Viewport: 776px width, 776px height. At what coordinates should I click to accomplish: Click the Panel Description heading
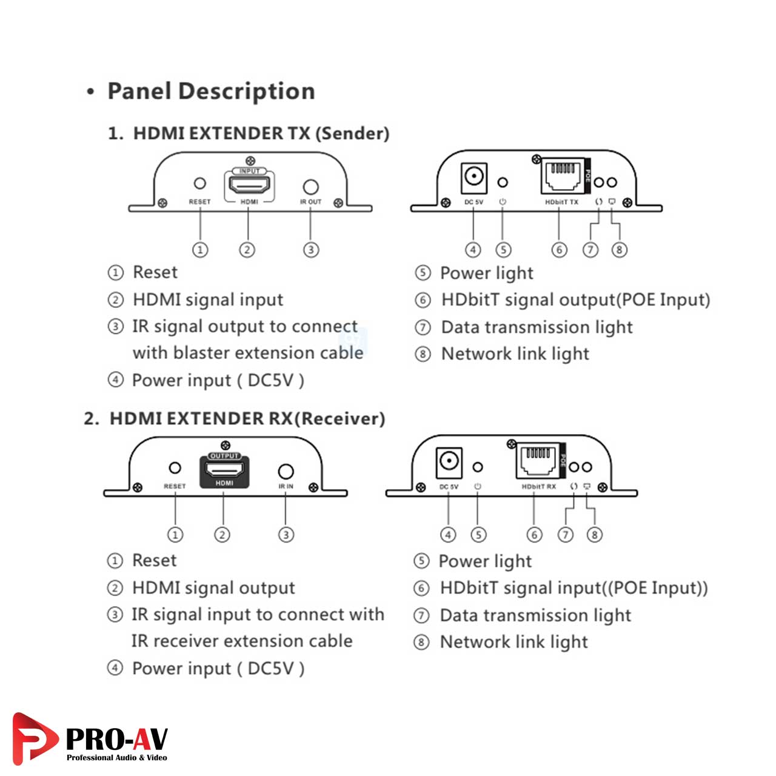click(x=211, y=92)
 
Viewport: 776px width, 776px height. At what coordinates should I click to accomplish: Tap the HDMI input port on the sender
click(x=249, y=183)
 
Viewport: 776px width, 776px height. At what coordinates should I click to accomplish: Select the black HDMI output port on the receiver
click(x=224, y=469)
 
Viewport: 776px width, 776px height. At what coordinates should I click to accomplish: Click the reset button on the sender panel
click(x=199, y=183)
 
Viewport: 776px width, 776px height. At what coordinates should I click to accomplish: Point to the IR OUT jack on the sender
click(x=310, y=186)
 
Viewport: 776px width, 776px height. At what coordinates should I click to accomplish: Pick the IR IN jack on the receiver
click(x=286, y=471)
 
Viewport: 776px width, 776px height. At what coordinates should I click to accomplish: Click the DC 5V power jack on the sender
click(x=473, y=177)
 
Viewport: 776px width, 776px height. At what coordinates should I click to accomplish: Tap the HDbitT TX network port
click(x=562, y=175)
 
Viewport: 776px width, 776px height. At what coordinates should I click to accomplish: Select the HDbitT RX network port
click(x=537, y=461)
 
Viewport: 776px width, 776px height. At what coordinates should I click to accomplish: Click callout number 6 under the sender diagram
click(x=560, y=249)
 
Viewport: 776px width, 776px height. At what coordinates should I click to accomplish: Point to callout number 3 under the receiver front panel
click(x=286, y=534)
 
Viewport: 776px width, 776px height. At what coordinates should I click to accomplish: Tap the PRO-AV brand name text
click(x=116, y=738)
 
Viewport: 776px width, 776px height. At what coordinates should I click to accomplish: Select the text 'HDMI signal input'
click(x=207, y=299)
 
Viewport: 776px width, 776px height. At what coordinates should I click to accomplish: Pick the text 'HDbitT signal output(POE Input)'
click(x=575, y=299)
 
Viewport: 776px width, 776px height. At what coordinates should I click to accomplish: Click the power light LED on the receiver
click(x=478, y=467)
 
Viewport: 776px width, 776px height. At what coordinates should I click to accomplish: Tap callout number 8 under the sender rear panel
click(x=619, y=249)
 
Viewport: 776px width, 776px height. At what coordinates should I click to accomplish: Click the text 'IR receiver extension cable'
click(x=241, y=641)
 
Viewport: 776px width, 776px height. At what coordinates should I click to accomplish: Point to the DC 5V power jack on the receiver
click(x=449, y=462)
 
